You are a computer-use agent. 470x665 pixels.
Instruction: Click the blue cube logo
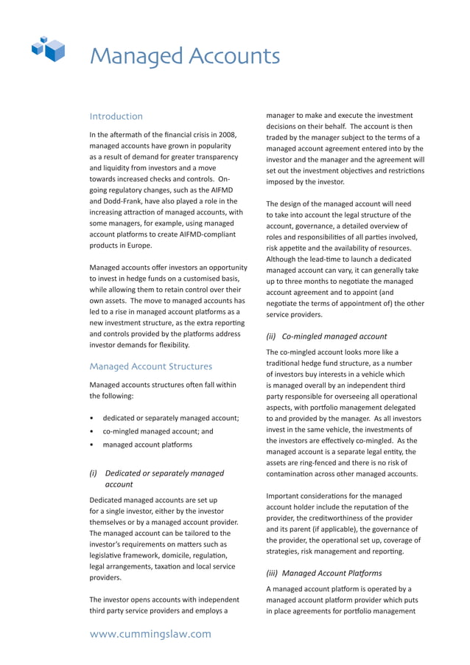(x=49, y=49)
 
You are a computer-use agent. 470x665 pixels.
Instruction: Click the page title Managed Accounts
(x=184, y=56)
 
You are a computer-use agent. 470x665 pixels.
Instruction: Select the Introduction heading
(x=116, y=116)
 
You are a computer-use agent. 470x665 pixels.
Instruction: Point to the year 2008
(x=227, y=135)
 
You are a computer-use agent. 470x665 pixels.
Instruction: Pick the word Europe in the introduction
(x=137, y=246)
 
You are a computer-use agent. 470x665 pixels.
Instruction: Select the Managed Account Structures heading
(x=150, y=366)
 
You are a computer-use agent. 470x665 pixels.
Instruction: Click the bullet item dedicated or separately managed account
(x=170, y=418)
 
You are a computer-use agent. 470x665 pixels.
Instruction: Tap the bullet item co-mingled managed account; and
(x=158, y=431)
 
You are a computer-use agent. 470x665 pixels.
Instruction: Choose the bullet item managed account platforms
(x=147, y=445)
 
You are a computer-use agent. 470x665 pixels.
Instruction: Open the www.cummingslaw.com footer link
(x=150, y=634)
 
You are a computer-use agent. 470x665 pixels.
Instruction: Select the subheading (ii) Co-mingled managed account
(x=326, y=336)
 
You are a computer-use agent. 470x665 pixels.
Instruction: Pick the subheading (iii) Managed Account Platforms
(x=324, y=573)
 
